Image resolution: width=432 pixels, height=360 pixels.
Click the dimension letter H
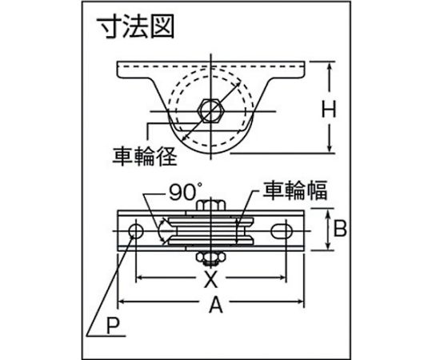[x=329, y=109]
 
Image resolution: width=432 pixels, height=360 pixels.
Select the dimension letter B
[x=340, y=228]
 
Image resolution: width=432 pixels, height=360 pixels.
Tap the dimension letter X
[x=210, y=278]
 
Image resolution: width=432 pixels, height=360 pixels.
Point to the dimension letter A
[x=215, y=304]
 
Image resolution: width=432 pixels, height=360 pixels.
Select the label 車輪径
[x=144, y=156]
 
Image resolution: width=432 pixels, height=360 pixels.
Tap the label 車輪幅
[x=294, y=190]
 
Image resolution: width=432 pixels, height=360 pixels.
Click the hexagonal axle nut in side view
[x=211, y=111]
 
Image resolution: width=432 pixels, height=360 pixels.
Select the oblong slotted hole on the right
[x=282, y=231]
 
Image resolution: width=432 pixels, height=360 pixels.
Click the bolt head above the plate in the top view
[x=210, y=206]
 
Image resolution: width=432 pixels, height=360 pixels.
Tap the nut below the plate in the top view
[x=210, y=258]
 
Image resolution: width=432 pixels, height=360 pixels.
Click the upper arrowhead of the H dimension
[x=330, y=66]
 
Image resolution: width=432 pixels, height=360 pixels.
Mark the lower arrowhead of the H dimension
[x=330, y=148]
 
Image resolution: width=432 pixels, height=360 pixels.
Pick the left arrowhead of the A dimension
[x=122, y=302]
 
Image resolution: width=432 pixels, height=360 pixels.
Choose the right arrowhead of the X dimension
[x=282, y=277]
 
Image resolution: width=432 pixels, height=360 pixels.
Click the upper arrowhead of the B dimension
[x=328, y=214]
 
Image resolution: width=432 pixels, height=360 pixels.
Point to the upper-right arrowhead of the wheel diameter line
[x=237, y=83]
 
